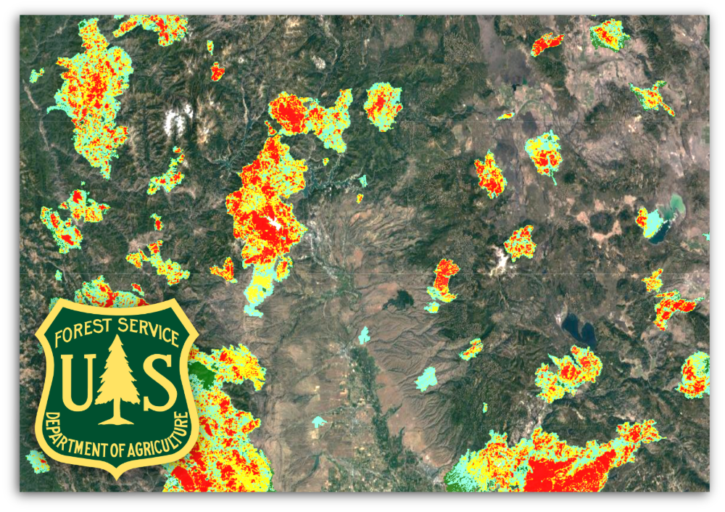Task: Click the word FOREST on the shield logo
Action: tap(80, 335)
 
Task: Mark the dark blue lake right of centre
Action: tap(579, 330)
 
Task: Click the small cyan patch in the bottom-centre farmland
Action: tap(318, 421)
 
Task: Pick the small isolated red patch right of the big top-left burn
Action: tap(217, 71)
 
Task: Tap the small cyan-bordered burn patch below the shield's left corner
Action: tap(38, 461)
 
